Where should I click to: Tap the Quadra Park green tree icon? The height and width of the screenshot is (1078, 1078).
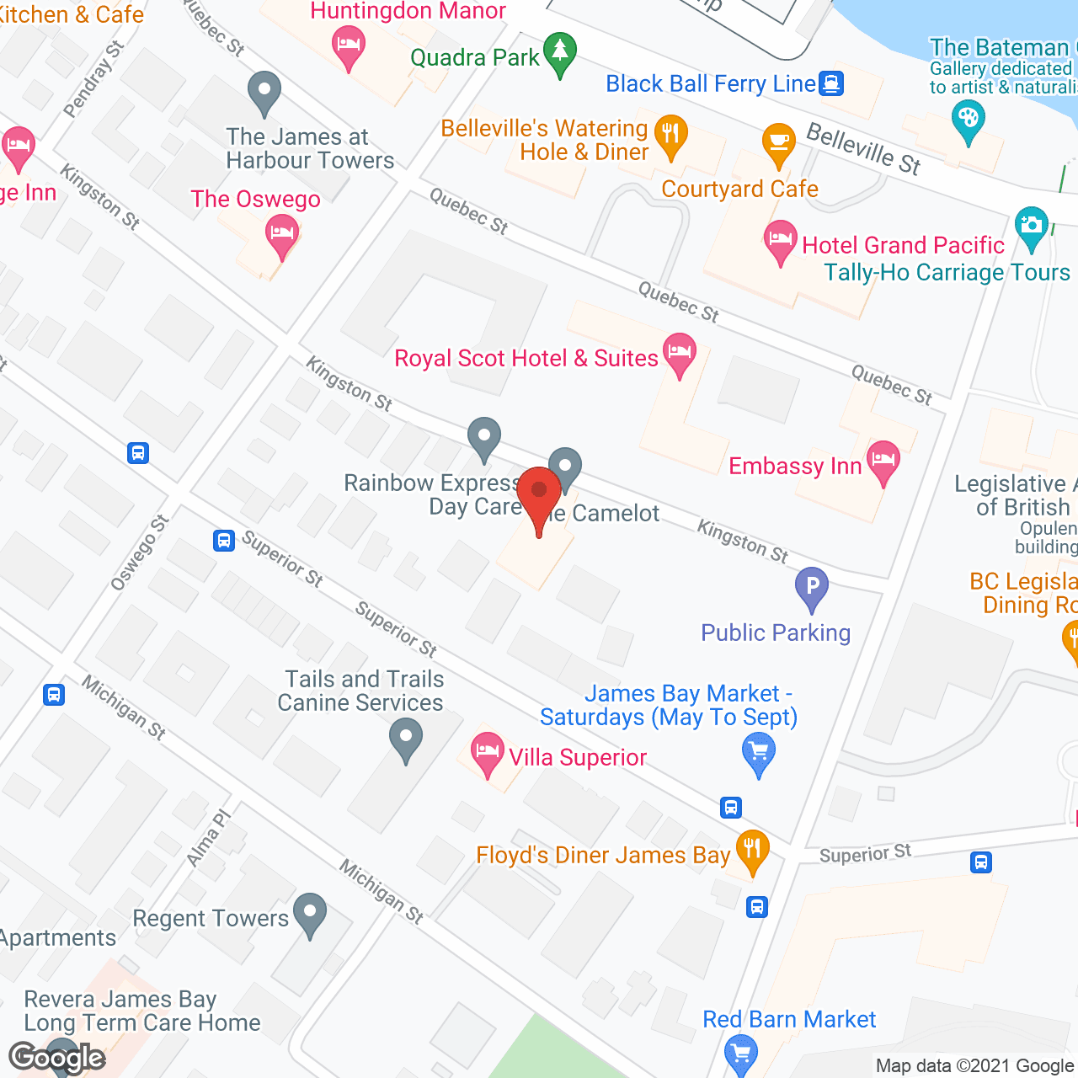(559, 52)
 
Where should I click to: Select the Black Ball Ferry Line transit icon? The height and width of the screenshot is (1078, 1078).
(831, 83)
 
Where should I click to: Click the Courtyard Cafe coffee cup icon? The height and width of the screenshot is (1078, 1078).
(778, 142)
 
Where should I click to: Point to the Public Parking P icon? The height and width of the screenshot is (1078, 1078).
(812, 586)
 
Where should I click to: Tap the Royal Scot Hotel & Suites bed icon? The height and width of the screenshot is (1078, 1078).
(679, 352)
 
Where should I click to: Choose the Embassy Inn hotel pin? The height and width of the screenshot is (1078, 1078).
(883, 460)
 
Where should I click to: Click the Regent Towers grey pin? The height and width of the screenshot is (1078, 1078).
(310, 913)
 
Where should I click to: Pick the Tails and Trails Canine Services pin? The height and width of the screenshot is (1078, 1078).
(406, 738)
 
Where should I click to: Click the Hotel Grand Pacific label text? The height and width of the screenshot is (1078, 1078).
(903, 245)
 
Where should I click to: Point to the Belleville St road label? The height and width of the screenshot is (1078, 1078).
(863, 148)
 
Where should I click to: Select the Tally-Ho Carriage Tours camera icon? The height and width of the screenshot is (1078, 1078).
(1032, 226)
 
